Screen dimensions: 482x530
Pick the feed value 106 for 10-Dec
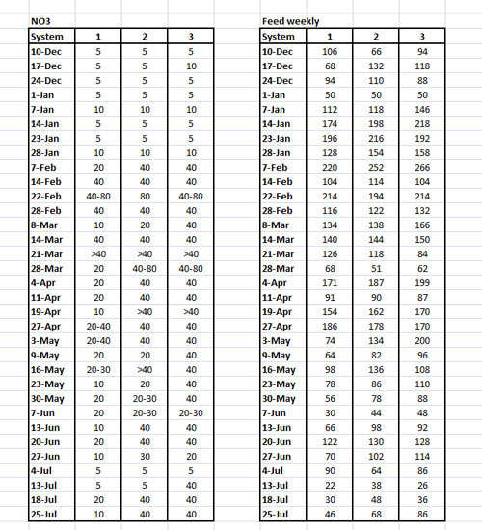(x=330, y=50)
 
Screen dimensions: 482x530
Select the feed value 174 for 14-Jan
(x=330, y=122)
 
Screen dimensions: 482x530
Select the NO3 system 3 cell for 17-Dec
(x=193, y=65)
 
